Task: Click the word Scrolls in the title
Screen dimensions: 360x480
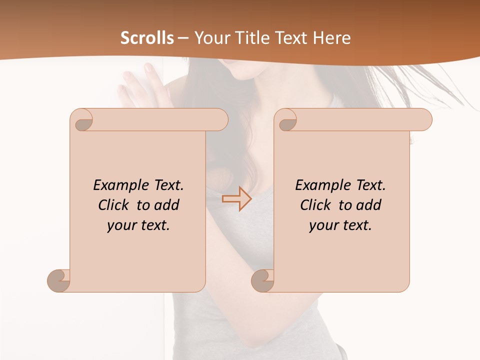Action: tap(147, 38)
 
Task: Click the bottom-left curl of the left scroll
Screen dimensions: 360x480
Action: tap(59, 280)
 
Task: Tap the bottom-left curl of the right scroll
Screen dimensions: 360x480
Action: tap(263, 280)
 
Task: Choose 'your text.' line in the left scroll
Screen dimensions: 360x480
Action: tap(138, 225)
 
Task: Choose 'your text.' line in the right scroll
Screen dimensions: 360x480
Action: tap(340, 225)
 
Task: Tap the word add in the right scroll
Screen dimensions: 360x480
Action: tap(368, 205)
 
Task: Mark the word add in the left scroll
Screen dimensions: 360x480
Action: tap(166, 205)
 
